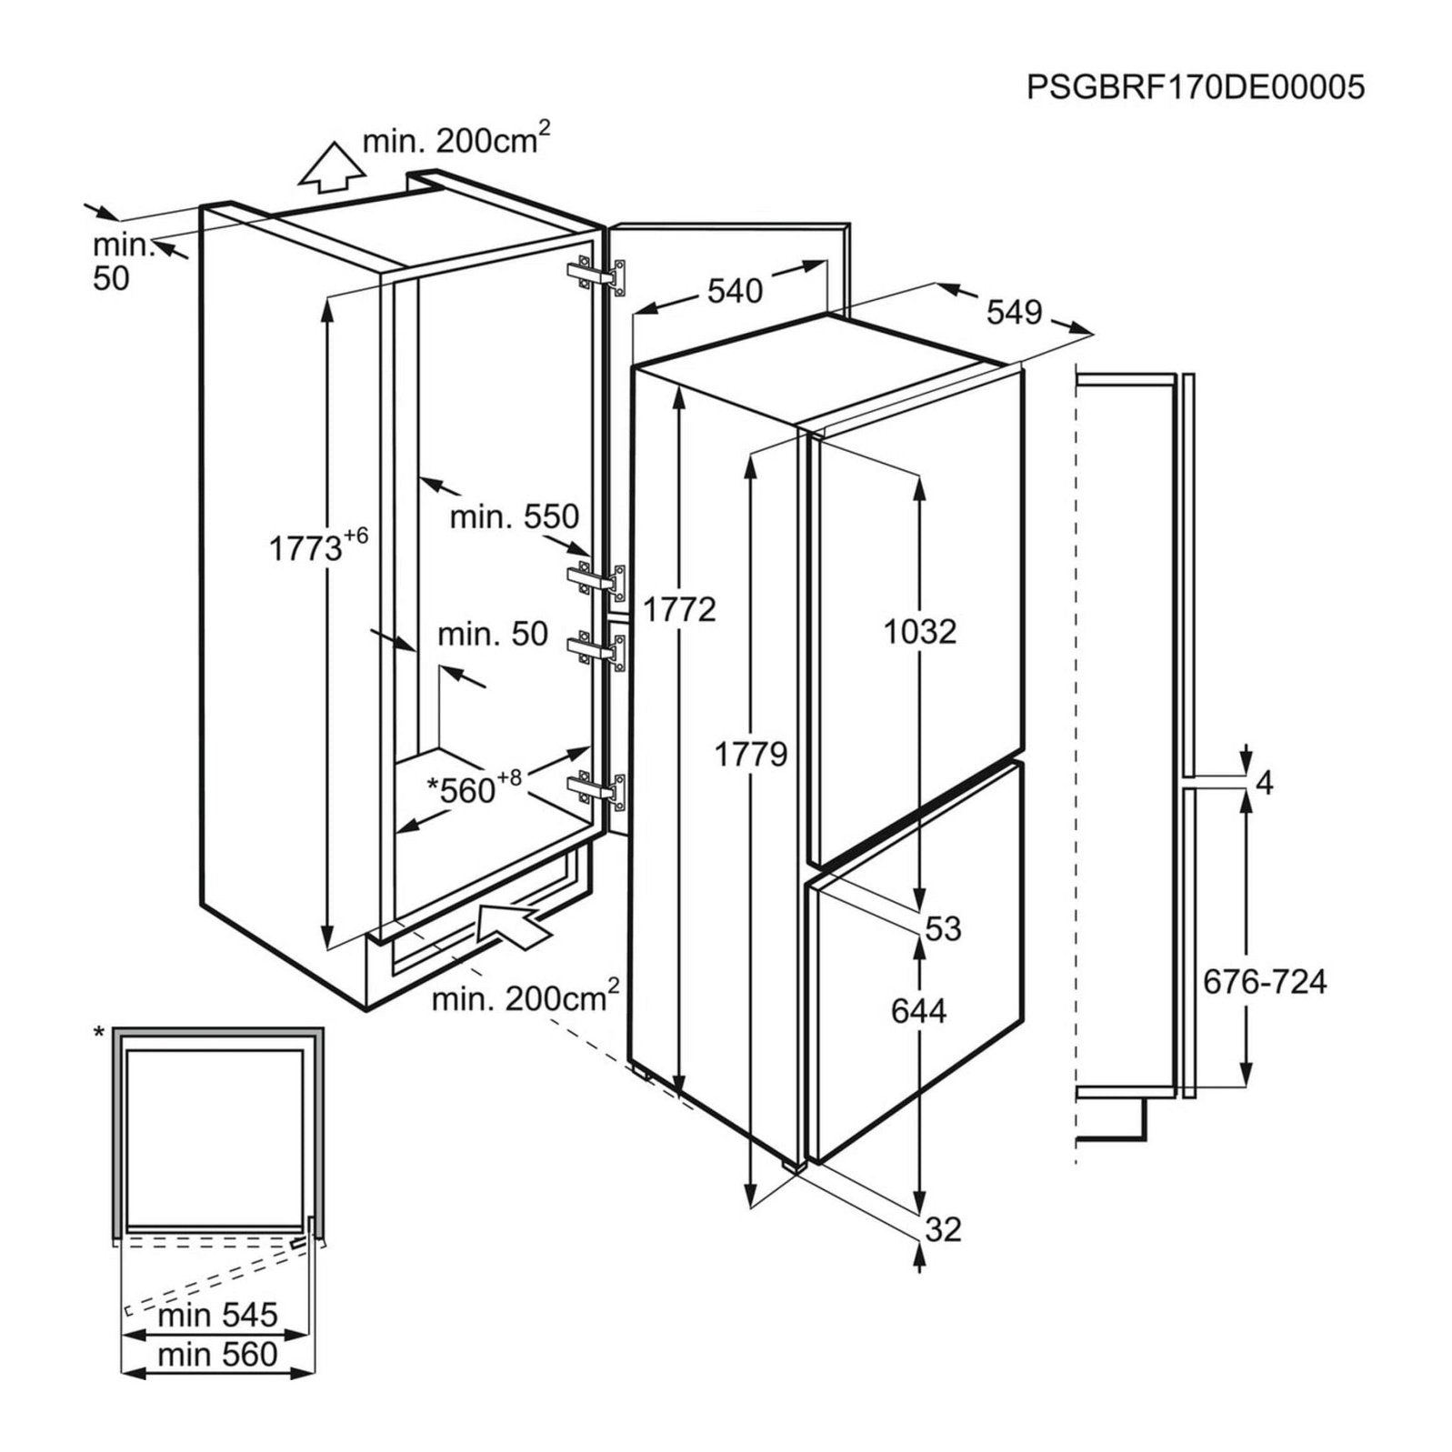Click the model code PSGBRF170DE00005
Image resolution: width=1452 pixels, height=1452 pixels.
pos(1195,87)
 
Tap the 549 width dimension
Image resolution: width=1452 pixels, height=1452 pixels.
pos(1014,312)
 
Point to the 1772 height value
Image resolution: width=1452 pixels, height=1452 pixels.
pos(680,609)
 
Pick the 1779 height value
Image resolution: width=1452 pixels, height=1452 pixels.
pos(750,754)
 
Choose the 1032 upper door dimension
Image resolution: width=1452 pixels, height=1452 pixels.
pos(920,631)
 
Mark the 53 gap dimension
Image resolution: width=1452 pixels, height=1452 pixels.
pos(943,928)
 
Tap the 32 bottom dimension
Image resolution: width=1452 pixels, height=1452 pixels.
pos(943,1229)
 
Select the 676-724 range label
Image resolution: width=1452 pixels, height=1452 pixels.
pos(1264,982)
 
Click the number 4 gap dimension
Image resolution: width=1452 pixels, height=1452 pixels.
pos(1264,782)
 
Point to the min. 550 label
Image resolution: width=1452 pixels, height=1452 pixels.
pos(514,516)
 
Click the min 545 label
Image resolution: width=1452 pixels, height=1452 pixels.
pos(218,1315)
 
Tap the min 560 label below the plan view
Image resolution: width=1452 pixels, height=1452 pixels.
pos(218,1355)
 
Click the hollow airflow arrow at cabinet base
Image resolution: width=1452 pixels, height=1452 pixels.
pos(512,925)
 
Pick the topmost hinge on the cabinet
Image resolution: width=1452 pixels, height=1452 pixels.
pos(597,276)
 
